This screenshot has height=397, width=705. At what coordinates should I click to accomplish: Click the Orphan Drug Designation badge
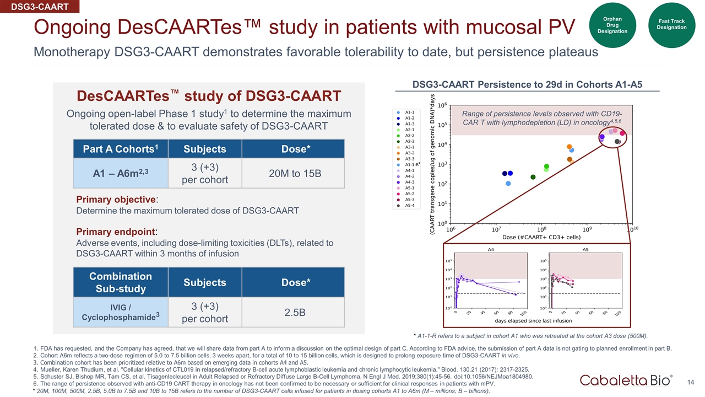pos(612,25)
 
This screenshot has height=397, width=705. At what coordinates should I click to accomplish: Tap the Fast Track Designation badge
pos(671,25)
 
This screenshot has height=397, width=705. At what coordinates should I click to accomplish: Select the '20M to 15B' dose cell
pos(293,173)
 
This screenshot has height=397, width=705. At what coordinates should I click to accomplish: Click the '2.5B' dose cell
pos(293,313)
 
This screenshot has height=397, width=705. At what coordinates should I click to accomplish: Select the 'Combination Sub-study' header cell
pos(110,282)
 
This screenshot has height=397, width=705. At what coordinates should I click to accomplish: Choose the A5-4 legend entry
pos(409,206)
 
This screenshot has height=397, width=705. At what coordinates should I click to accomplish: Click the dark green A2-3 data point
pos(533,177)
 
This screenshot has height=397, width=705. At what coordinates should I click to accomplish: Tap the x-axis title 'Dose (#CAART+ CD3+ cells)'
pos(541,237)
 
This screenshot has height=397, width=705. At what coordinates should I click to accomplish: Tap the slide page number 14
pos(689,382)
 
